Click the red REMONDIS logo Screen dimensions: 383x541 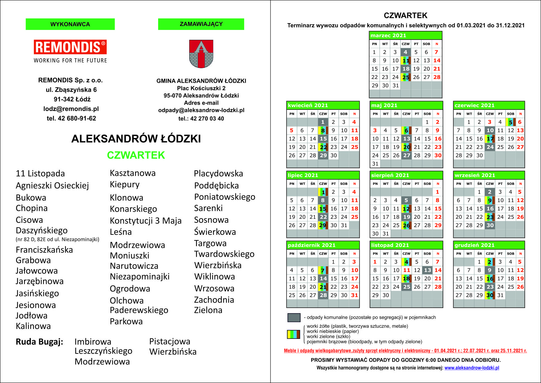pyautogui.click(x=70, y=47)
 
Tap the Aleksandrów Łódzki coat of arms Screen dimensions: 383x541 pyautogui.click(x=201, y=54)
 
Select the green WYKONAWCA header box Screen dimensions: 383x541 pyautogui.click(x=70, y=24)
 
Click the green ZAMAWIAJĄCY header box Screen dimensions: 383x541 pyautogui.click(x=201, y=24)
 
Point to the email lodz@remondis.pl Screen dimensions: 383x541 pyautogui.click(x=71, y=109)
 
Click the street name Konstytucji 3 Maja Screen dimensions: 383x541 pyautogui.click(x=145, y=221)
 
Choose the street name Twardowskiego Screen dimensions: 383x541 pyautogui.click(x=224, y=254)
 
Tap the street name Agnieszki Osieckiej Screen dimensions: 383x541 pyautogui.click(x=52, y=185)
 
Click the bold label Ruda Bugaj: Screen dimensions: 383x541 pyautogui.click(x=39, y=342)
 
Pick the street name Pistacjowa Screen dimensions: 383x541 pyautogui.click(x=170, y=341)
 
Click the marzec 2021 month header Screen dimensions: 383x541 pyautogui.click(x=405, y=35)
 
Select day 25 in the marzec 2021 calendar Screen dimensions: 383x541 pyautogui.click(x=406, y=77)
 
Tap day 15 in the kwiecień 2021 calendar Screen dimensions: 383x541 pyautogui.click(x=323, y=139)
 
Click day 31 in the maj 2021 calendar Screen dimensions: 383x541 pyautogui.click(x=375, y=164)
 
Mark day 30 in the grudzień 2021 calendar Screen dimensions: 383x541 pyautogui.click(x=490, y=295)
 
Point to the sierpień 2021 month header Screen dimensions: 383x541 pyautogui.click(x=406, y=175)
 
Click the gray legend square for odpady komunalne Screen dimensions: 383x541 pyautogui.click(x=294, y=318)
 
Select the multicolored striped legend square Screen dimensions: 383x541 pyautogui.click(x=293, y=334)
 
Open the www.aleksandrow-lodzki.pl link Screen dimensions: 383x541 pyautogui.click(x=472, y=368)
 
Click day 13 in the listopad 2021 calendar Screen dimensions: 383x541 pyautogui.click(x=427, y=270)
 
